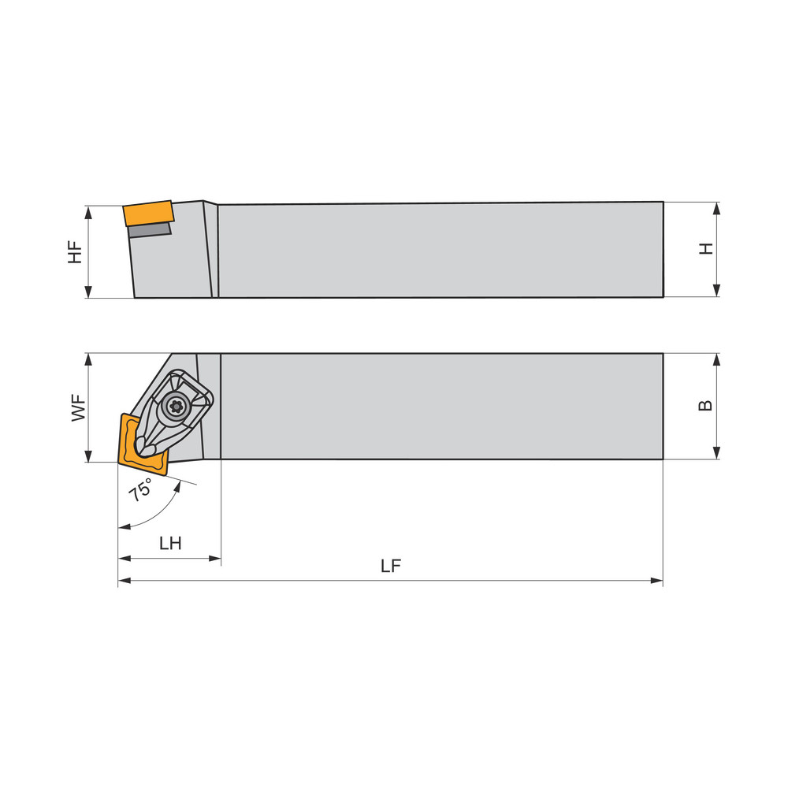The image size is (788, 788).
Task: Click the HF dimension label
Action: pos(75,251)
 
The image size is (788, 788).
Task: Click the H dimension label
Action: pos(706,248)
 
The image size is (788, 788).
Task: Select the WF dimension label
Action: pos(79,408)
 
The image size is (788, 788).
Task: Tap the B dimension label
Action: pos(706,405)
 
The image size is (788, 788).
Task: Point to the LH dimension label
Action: pos(170,544)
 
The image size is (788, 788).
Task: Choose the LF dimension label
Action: pos(391,567)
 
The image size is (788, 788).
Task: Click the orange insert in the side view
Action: pos(148,213)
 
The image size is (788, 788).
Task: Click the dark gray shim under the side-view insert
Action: pos(150,229)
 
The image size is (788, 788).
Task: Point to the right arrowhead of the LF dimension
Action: pos(657,582)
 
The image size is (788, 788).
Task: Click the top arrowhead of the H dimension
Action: pos(716,208)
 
